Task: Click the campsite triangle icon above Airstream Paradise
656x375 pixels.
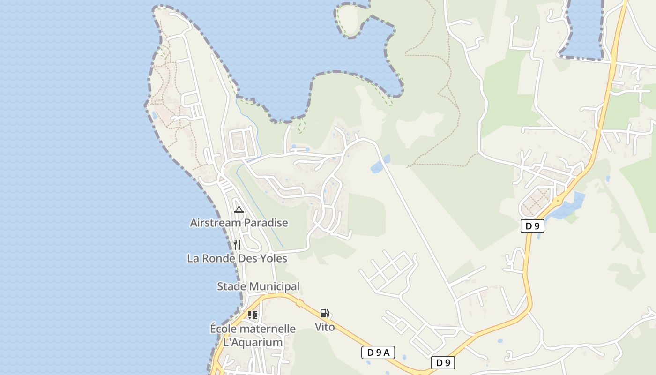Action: pyautogui.click(x=239, y=210)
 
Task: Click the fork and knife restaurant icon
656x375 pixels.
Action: pyautogui.click(x=237, y=244)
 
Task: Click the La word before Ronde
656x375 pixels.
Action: pyautogui.click(x=194, y=258)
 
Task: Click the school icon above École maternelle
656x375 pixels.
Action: pyautogui.click(x=253, y=315)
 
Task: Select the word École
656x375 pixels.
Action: pyautogui.click(x=225, y=329)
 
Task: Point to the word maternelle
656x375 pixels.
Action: pyautogui.click(x=269, y=329)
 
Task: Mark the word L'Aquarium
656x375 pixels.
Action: pyautogui.click(x=253, y=342)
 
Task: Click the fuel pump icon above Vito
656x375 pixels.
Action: pyautogui.click(x=324, y=313)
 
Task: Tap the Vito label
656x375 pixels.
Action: pyautogui.click(x=325, y=327)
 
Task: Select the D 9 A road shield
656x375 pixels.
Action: pyautogui.click(x=378, y=352)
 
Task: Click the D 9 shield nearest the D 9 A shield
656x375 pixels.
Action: pyautogui.click(x=443, y=362)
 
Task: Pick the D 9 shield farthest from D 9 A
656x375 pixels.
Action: pyautogui.click(x=532, y=226)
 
